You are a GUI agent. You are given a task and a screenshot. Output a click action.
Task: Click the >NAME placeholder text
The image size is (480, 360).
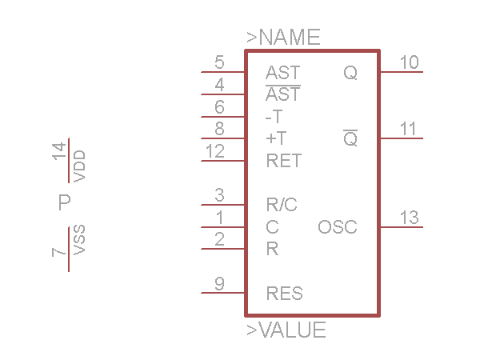(x=283, y=37)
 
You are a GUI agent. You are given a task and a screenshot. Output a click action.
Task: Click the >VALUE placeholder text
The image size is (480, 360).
(x=286, y=330)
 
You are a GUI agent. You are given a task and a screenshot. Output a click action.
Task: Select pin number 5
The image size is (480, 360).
(x=219, y=62)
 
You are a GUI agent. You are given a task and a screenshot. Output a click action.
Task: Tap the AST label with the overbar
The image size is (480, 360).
(x=283, y=94)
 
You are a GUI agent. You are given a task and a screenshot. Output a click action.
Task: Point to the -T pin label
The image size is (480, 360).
(x=274, y=117)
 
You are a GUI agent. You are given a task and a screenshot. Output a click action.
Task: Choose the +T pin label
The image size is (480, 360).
(x=275, y=138)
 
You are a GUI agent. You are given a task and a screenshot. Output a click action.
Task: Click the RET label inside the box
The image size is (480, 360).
(x=283, y=161)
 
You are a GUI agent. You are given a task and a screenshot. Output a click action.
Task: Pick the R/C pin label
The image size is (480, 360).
(x=282, y=205)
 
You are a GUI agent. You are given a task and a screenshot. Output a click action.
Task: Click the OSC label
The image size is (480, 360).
(x=338, y=227)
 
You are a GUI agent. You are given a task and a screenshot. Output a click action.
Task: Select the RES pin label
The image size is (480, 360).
(x=285, y=294)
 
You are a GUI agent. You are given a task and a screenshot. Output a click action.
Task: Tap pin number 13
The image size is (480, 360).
(x=409, y=218)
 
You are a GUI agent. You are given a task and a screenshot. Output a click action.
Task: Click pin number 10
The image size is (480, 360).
(x=409, y=62)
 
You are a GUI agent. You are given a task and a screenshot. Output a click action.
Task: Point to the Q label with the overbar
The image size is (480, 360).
(x=350, y=139)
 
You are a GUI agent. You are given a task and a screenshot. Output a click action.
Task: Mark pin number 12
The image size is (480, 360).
(x=215, y=151)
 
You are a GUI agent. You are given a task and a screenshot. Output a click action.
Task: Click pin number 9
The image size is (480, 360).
(x=219, y=283)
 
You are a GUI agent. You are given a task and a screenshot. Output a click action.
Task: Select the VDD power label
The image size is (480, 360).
(x=79, y=165)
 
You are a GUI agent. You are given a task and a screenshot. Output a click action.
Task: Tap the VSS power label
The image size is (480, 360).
(x=79, y=240)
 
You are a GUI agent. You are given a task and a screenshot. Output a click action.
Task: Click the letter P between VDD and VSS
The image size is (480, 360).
(x=65, y=202)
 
